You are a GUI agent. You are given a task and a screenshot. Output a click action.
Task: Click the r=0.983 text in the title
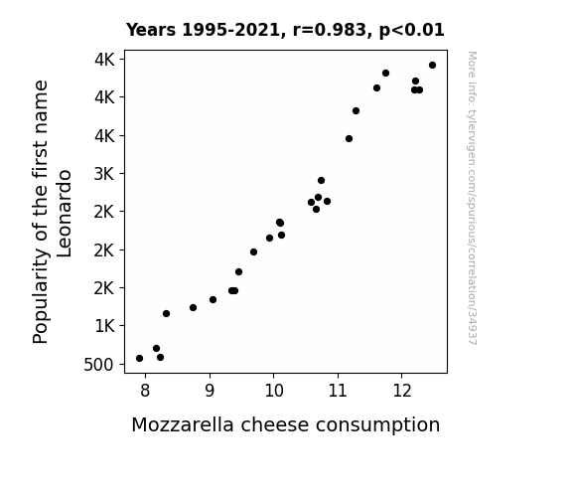pos(331,30)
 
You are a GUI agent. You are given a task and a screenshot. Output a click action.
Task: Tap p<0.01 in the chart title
pos(411,31)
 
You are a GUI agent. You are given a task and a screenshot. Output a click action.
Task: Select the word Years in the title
pos(151,30)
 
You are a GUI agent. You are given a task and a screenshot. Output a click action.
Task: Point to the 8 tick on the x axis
pos(145,391)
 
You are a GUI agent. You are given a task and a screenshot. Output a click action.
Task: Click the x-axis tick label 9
pos(210,391)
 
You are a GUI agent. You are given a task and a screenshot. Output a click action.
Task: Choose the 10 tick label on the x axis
pos(274,391)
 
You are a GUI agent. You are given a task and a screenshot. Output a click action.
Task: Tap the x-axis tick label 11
pos(338,391)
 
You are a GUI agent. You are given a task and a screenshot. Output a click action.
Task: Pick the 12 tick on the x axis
pos(402,391)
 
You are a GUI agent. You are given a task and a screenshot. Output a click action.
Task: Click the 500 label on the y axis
pos(99,365)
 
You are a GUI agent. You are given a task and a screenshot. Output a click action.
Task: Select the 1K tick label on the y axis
pos(104,326)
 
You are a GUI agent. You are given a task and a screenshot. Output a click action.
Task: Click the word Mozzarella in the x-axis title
pos(183,424)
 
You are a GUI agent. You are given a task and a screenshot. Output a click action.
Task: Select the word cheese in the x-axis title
pos(274,424)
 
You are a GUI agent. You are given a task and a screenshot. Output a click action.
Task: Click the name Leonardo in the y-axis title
pos(65,214)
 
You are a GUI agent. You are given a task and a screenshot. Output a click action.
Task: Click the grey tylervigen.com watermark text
pos(473,198)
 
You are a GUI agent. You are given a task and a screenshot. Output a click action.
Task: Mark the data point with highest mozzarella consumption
pos(432,66)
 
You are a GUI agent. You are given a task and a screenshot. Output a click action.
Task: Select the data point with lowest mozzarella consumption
pos(139,359)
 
